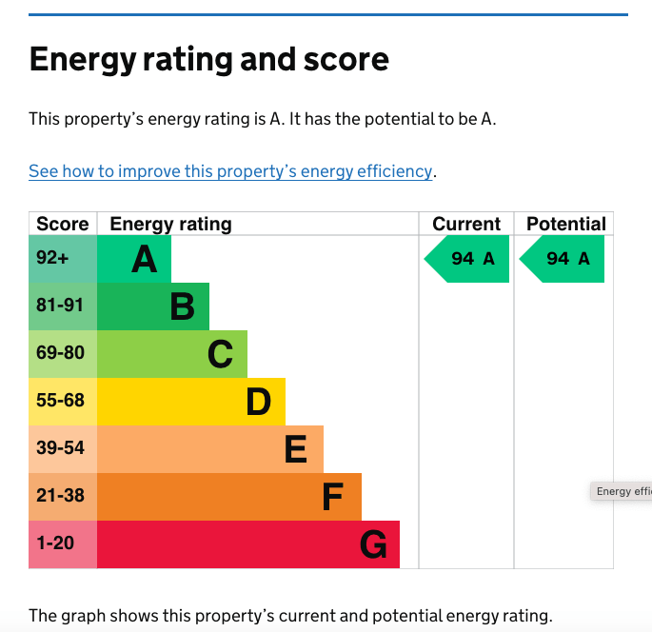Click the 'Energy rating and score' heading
209,59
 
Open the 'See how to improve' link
231,171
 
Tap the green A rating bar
134,259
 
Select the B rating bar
153,306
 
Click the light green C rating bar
172,354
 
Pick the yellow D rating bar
191,402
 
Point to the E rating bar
210,449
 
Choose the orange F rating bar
229,497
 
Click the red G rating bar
248,544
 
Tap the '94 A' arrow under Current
468,259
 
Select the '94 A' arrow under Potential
563,259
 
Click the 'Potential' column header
565,224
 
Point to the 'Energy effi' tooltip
622,491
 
